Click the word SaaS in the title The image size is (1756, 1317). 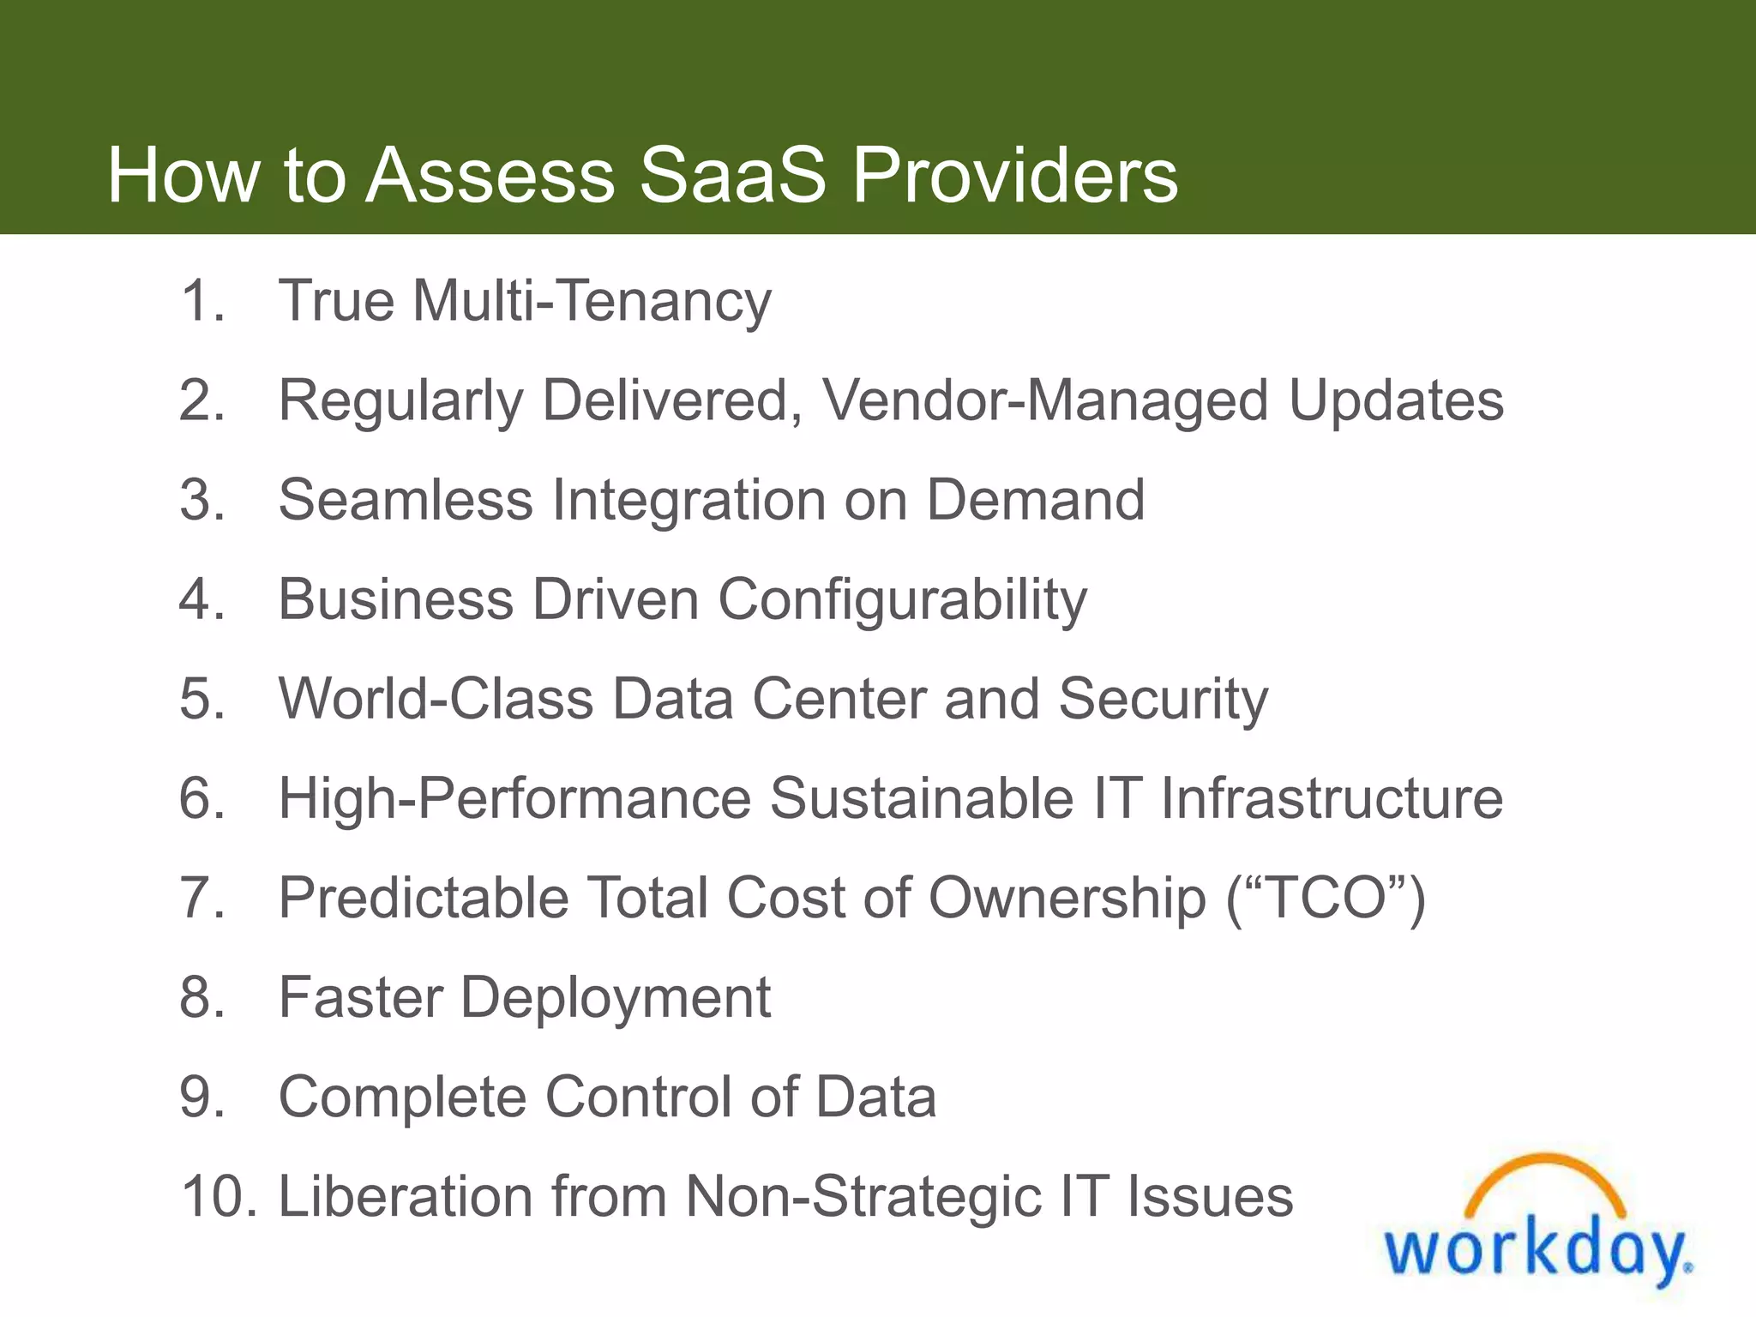(x=733, y=175)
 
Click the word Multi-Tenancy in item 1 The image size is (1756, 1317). (x=592, y=302)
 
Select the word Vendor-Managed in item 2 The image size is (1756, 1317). (x=1045, y=401)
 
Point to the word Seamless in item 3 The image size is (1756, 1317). (x=406, y=500)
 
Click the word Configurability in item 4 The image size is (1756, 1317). (x=902, y=599)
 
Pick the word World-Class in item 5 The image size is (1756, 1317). (x=436, y=699)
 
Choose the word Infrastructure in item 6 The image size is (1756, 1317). (x=1332, y=798)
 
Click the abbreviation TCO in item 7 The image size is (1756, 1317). (x=1326, y=898)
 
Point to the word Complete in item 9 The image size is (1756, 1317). (x=402, y=1098)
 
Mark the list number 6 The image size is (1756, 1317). (x=202, y=798)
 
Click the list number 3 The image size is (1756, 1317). (x=202, y=500)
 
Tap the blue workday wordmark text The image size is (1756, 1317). (x=1535, y=1252)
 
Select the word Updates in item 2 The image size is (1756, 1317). (x=1396, y=401)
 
